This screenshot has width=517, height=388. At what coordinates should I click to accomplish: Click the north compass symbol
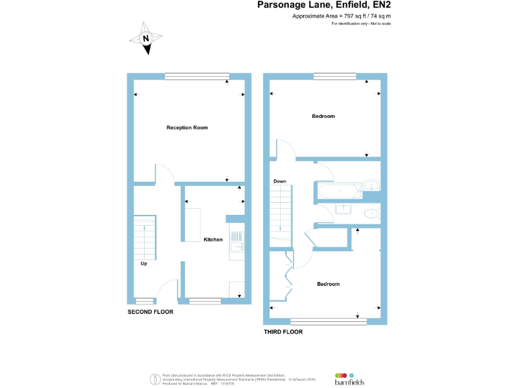145,38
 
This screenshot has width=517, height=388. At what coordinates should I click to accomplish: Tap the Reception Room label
186,127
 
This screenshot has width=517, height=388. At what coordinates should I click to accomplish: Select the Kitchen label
213,239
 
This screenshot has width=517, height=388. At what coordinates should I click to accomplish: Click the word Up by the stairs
143,263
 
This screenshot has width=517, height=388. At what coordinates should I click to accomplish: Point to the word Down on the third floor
280,181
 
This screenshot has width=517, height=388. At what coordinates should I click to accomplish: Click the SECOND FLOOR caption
150,312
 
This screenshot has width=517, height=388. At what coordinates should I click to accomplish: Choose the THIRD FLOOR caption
283,332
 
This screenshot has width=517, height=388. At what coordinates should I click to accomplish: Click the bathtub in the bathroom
339,192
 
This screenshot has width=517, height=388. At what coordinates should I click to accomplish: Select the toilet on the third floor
370,214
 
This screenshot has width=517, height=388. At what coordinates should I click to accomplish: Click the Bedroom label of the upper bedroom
323,117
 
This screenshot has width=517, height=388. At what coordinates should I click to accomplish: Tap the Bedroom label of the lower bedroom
329,284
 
